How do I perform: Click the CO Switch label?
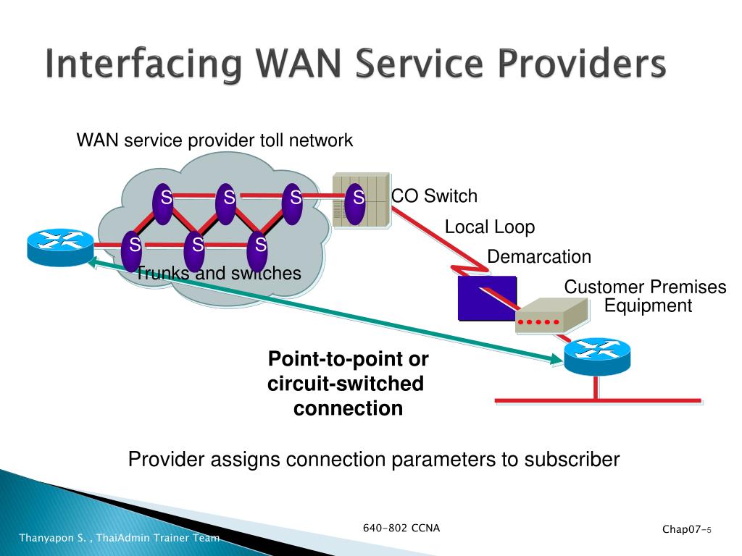coord(434,195)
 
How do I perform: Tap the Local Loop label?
coord(490,227)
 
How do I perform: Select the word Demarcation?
coord(539,257)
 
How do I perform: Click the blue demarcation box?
coord(486,298)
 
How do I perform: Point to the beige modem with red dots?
coord(551,316)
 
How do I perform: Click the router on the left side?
coord(60,248)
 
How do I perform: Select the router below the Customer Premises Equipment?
coord(597,356)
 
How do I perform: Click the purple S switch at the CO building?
coord(355,204)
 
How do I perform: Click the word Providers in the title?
coord(582,64)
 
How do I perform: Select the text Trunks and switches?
coord(219,273)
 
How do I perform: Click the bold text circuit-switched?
coord(346,384)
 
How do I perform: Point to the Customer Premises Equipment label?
coord(645,296)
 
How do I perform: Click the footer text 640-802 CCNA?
coord(401,528)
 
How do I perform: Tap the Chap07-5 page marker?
coord(687,529)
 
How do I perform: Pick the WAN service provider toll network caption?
coord(214,140)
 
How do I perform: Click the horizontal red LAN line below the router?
coord(598,401)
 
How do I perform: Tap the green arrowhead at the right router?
coord(556,359)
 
